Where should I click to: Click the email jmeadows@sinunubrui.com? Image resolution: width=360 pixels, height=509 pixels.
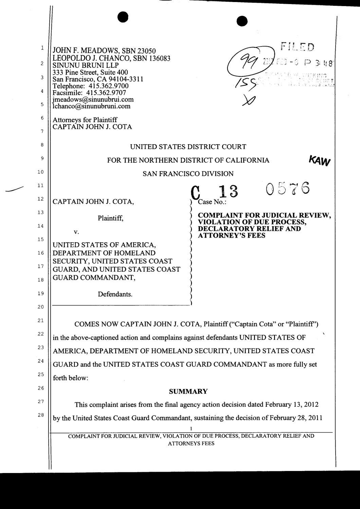(93, 99)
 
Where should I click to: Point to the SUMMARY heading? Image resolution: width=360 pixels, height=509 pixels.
(188, 392)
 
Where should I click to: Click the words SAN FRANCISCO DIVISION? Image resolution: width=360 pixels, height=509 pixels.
(188, 174)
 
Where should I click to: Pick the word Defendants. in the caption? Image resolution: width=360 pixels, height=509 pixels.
(115, 294)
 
